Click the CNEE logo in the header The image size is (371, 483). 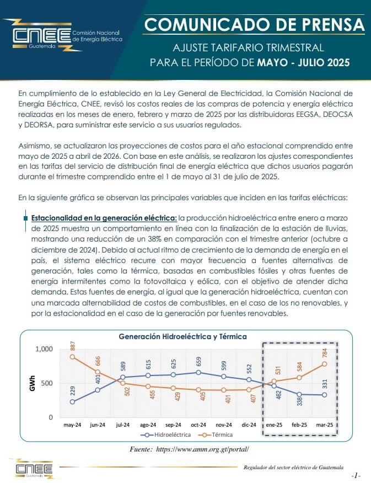62,36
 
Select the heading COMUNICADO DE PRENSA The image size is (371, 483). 254,25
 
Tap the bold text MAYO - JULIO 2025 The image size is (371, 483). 304,62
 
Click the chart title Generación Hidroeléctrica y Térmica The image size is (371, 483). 183,336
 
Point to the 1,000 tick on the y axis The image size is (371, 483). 44,349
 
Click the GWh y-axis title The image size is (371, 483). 33,383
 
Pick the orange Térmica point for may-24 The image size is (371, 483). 72,357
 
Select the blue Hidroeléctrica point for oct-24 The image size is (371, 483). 198,372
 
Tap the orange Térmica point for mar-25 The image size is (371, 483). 325,364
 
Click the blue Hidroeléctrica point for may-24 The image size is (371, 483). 72,402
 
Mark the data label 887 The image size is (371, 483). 73,346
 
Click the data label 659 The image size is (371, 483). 199,362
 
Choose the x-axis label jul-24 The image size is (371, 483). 122,425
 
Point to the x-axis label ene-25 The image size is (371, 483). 274,425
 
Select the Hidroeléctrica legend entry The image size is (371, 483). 165,434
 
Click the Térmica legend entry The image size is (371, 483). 216,434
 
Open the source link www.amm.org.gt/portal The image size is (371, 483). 202,449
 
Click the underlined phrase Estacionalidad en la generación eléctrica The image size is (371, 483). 104,218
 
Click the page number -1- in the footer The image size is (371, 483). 356,476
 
